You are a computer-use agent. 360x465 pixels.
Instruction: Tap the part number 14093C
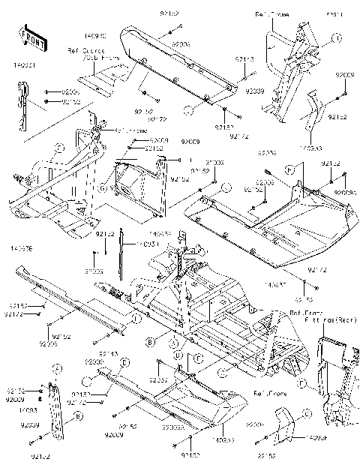point(117,35)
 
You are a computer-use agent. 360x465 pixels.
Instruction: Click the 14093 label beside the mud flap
point(28,410)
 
